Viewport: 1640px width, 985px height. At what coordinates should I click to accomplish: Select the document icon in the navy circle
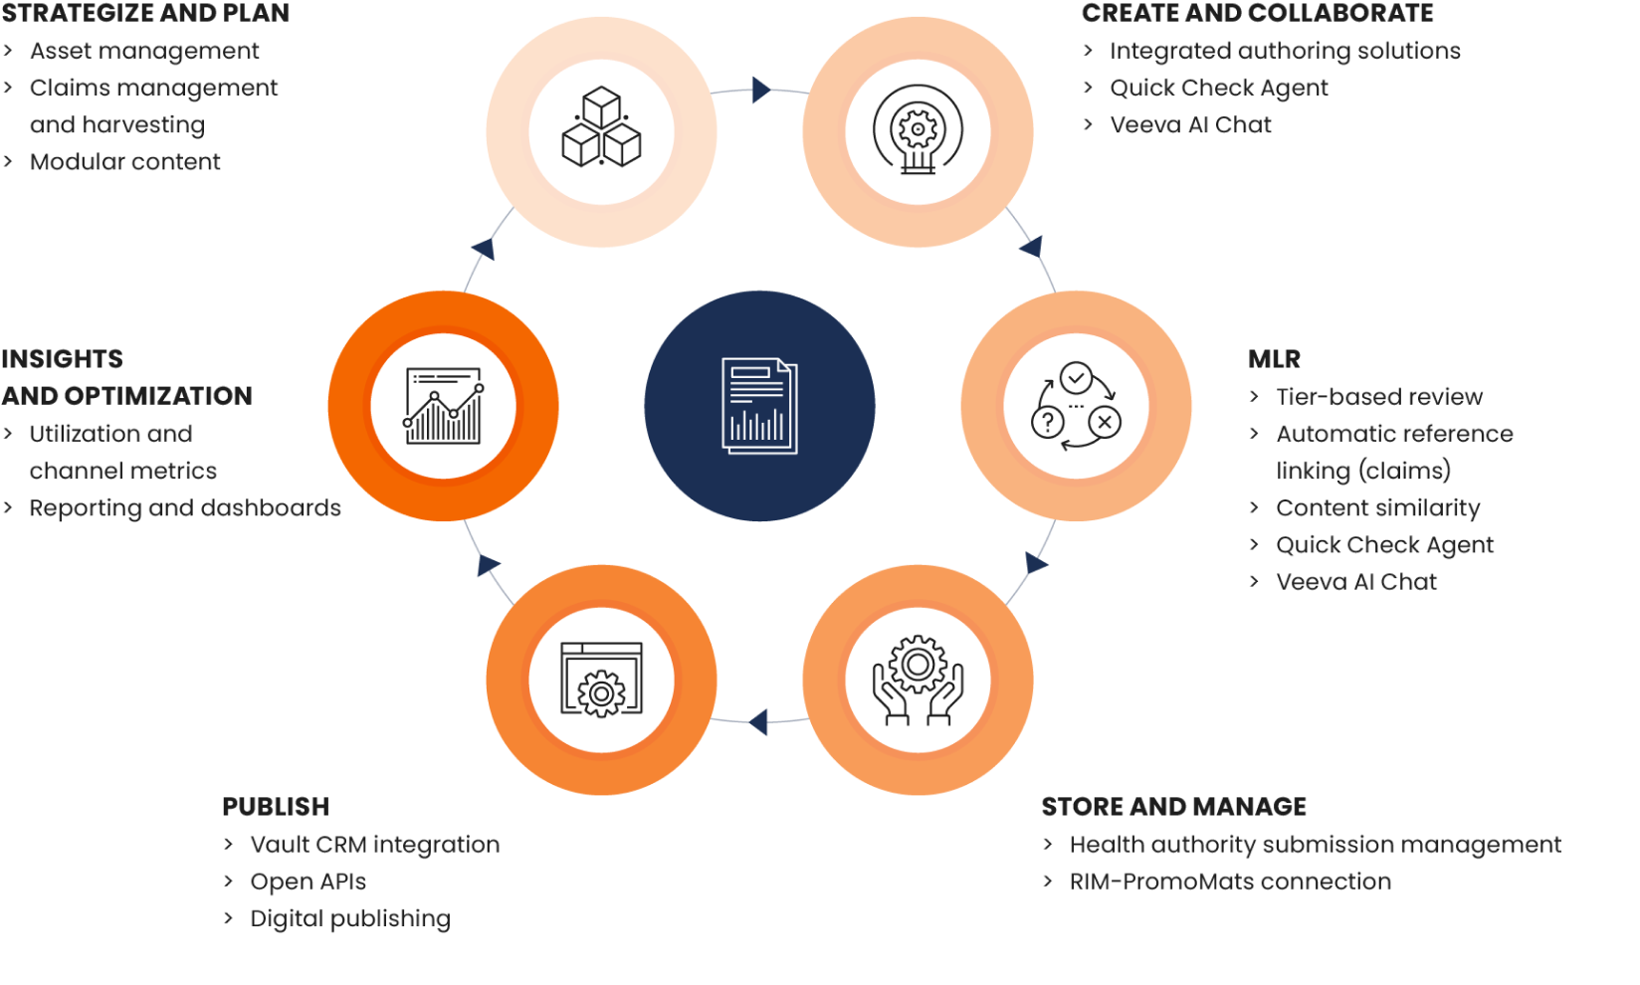[x=759, y=406]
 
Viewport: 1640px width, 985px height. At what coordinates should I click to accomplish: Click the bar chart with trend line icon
[x=444, y=406]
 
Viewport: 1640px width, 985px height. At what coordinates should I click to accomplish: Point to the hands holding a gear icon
[x=918, y=681]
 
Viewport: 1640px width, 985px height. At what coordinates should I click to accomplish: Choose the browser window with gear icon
[x=601, y=681]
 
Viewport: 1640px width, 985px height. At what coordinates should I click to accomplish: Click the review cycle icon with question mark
[x=1076, y=406]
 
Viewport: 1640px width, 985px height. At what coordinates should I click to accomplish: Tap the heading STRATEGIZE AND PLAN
[x=145, y=13]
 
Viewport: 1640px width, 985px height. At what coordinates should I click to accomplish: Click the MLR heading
[x=1274, y=359]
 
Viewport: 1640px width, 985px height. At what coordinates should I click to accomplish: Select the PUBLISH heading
[x=276, y=807]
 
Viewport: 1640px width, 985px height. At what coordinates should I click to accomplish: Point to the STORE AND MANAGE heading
[x=1173, y=807]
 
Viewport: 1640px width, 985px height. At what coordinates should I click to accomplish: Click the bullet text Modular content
[x=124, y=162]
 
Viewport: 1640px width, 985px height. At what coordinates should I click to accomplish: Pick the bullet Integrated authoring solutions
[x=1285, y=51]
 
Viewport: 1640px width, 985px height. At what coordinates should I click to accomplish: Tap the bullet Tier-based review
[x=1379, y=397]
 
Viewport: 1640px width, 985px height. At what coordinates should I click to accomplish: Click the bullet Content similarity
[x=1378, y=508]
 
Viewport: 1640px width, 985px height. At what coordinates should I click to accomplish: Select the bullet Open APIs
[x=308, y=882]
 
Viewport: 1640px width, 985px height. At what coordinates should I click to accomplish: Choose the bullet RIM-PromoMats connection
[x=1230, y=882]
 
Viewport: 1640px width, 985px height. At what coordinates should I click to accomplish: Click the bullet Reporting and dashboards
[x=185, y=508]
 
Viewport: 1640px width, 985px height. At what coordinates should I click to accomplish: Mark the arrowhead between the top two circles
[x=761, y=90]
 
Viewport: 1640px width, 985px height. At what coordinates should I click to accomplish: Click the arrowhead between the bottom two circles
[x=758, y=722]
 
